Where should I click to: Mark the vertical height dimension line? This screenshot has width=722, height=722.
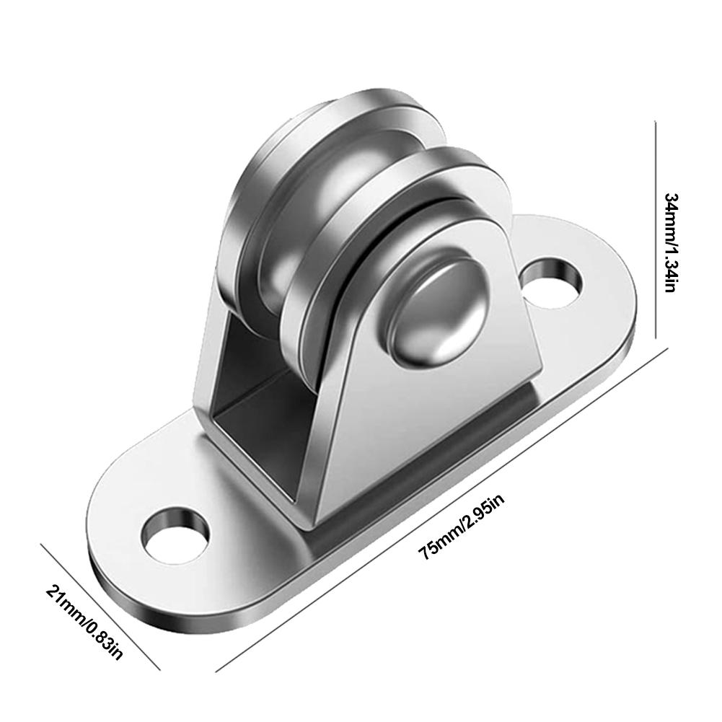click(x=655, y=231)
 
